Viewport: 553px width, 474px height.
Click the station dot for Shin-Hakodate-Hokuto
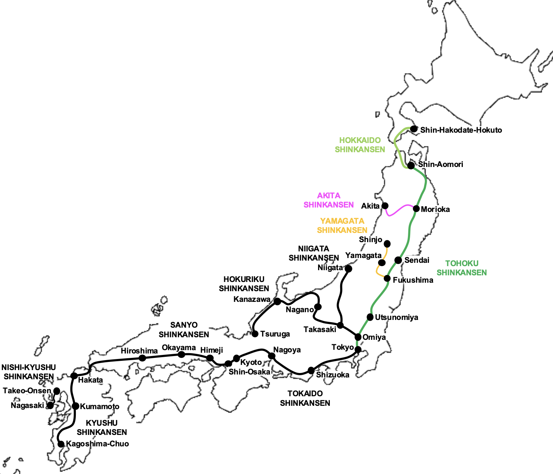(414, 129)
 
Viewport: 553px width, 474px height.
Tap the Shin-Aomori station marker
(411, 165)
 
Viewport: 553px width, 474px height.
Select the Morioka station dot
(416, 209)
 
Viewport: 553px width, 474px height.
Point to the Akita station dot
(385, 206)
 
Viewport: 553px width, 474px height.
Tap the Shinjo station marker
(387, 244)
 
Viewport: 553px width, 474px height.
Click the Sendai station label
(417, 260)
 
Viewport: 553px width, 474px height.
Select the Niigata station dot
(348, 269)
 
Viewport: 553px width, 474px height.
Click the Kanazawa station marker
(277, 301)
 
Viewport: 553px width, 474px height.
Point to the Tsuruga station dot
(255, 334)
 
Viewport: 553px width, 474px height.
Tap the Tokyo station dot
(358, 349)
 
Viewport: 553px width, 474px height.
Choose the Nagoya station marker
(272, 356)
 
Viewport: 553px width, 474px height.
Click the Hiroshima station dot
(142, 358)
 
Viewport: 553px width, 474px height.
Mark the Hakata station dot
(74, 376)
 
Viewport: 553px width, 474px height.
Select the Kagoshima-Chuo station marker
(61, 444)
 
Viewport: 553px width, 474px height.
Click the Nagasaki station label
(27, 405)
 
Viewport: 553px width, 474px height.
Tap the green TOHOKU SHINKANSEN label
(462, 268)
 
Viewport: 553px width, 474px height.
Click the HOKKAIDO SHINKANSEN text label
(360, 145)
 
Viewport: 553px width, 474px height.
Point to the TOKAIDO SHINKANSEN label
(305, 398)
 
